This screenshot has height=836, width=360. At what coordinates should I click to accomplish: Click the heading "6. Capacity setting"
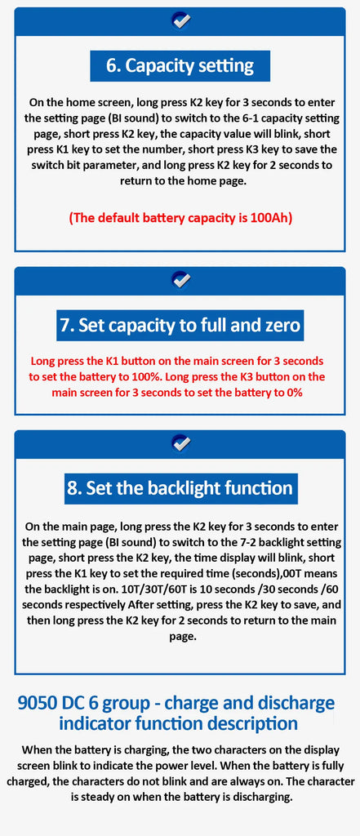coord(180,65)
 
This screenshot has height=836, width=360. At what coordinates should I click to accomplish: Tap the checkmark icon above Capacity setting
coord(181,20)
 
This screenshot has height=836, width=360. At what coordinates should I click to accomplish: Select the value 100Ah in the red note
coord(270,217)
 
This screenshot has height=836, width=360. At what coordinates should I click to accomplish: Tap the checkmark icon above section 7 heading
coord(181,279)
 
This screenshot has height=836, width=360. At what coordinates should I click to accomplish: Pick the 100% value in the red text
coord(148,377)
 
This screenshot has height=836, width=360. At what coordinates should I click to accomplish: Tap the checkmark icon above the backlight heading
coord(181,443)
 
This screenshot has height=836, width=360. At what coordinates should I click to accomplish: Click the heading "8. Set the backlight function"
coord(180,488)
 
